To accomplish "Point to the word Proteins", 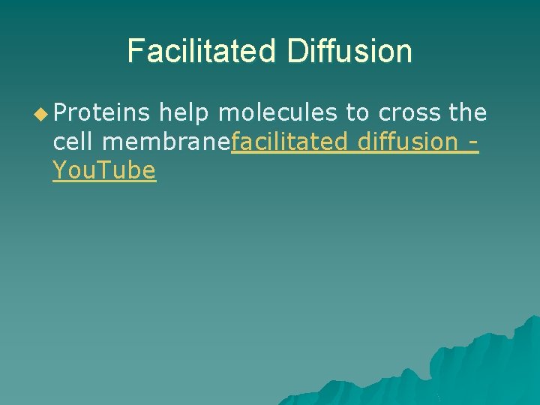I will [x=103, y=113].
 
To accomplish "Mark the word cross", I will [x=410, y=113].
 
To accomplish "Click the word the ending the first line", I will [x=468, y=113].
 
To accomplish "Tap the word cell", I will [x=75, y=142].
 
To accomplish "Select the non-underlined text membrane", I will [x=168, y=142].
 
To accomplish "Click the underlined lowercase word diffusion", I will [x=408, y=142].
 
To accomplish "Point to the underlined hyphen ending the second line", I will [x=472, y=142].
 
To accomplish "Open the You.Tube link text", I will [x=104, y=170].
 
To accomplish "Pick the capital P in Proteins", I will [x=58, y=113].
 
